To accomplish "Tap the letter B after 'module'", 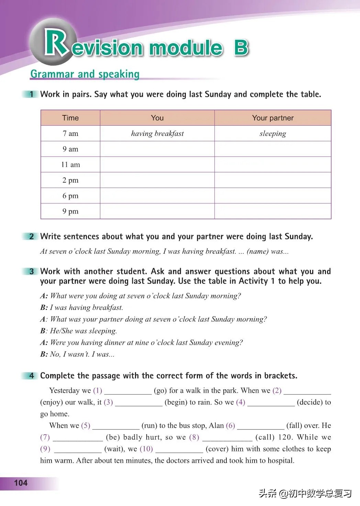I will click(241, 48).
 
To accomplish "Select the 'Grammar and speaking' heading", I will click(85, 74).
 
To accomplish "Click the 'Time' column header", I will click(70, 118).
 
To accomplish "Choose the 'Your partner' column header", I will click(273, 118).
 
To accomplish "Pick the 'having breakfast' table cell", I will click(157, 134).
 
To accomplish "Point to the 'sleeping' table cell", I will click(273, 134).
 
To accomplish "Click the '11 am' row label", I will click(70, 164).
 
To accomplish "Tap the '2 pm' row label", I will click(70, 180).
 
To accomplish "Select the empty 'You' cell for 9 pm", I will click(157, 211).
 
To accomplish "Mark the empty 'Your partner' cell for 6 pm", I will click(273, 196).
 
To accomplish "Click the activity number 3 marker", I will click(32, 272).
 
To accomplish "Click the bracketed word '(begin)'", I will click(176, 402).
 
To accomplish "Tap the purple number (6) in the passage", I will click(230, 426).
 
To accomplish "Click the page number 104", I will click(21, 483).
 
